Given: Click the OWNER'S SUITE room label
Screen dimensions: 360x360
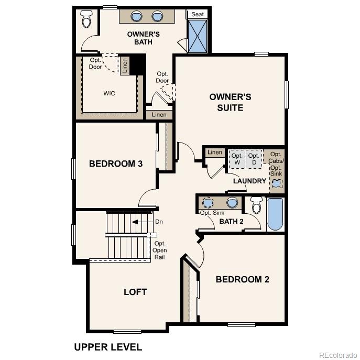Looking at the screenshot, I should pos(230,102).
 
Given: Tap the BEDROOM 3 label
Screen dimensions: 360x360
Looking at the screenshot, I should pos(116,163).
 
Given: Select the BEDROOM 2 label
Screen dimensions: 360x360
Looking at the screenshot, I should pos(242,279).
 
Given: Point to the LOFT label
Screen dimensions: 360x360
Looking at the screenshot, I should pos(135,292).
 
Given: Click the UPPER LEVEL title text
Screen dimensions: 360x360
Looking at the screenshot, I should pos(108,347).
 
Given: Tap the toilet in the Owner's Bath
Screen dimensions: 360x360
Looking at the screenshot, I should pos(86,19).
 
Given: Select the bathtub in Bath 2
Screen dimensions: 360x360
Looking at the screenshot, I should pos(275,214).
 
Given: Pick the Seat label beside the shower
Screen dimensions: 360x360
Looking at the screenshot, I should pos(198,14).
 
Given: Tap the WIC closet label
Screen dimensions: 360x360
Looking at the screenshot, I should pos(109,93).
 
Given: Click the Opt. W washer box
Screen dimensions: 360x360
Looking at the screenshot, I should pos(237,159).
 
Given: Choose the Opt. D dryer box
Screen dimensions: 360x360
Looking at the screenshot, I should pos(254,159).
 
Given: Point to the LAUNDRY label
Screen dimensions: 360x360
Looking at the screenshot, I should pos(249,181).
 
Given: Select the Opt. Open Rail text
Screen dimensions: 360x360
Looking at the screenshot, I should pos(160,250).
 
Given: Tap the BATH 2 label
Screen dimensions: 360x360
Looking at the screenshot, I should pos(231,222).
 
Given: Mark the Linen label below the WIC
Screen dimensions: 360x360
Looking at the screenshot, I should pos(159,115).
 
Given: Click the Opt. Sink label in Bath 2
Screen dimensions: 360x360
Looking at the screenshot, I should pos(212,213).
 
